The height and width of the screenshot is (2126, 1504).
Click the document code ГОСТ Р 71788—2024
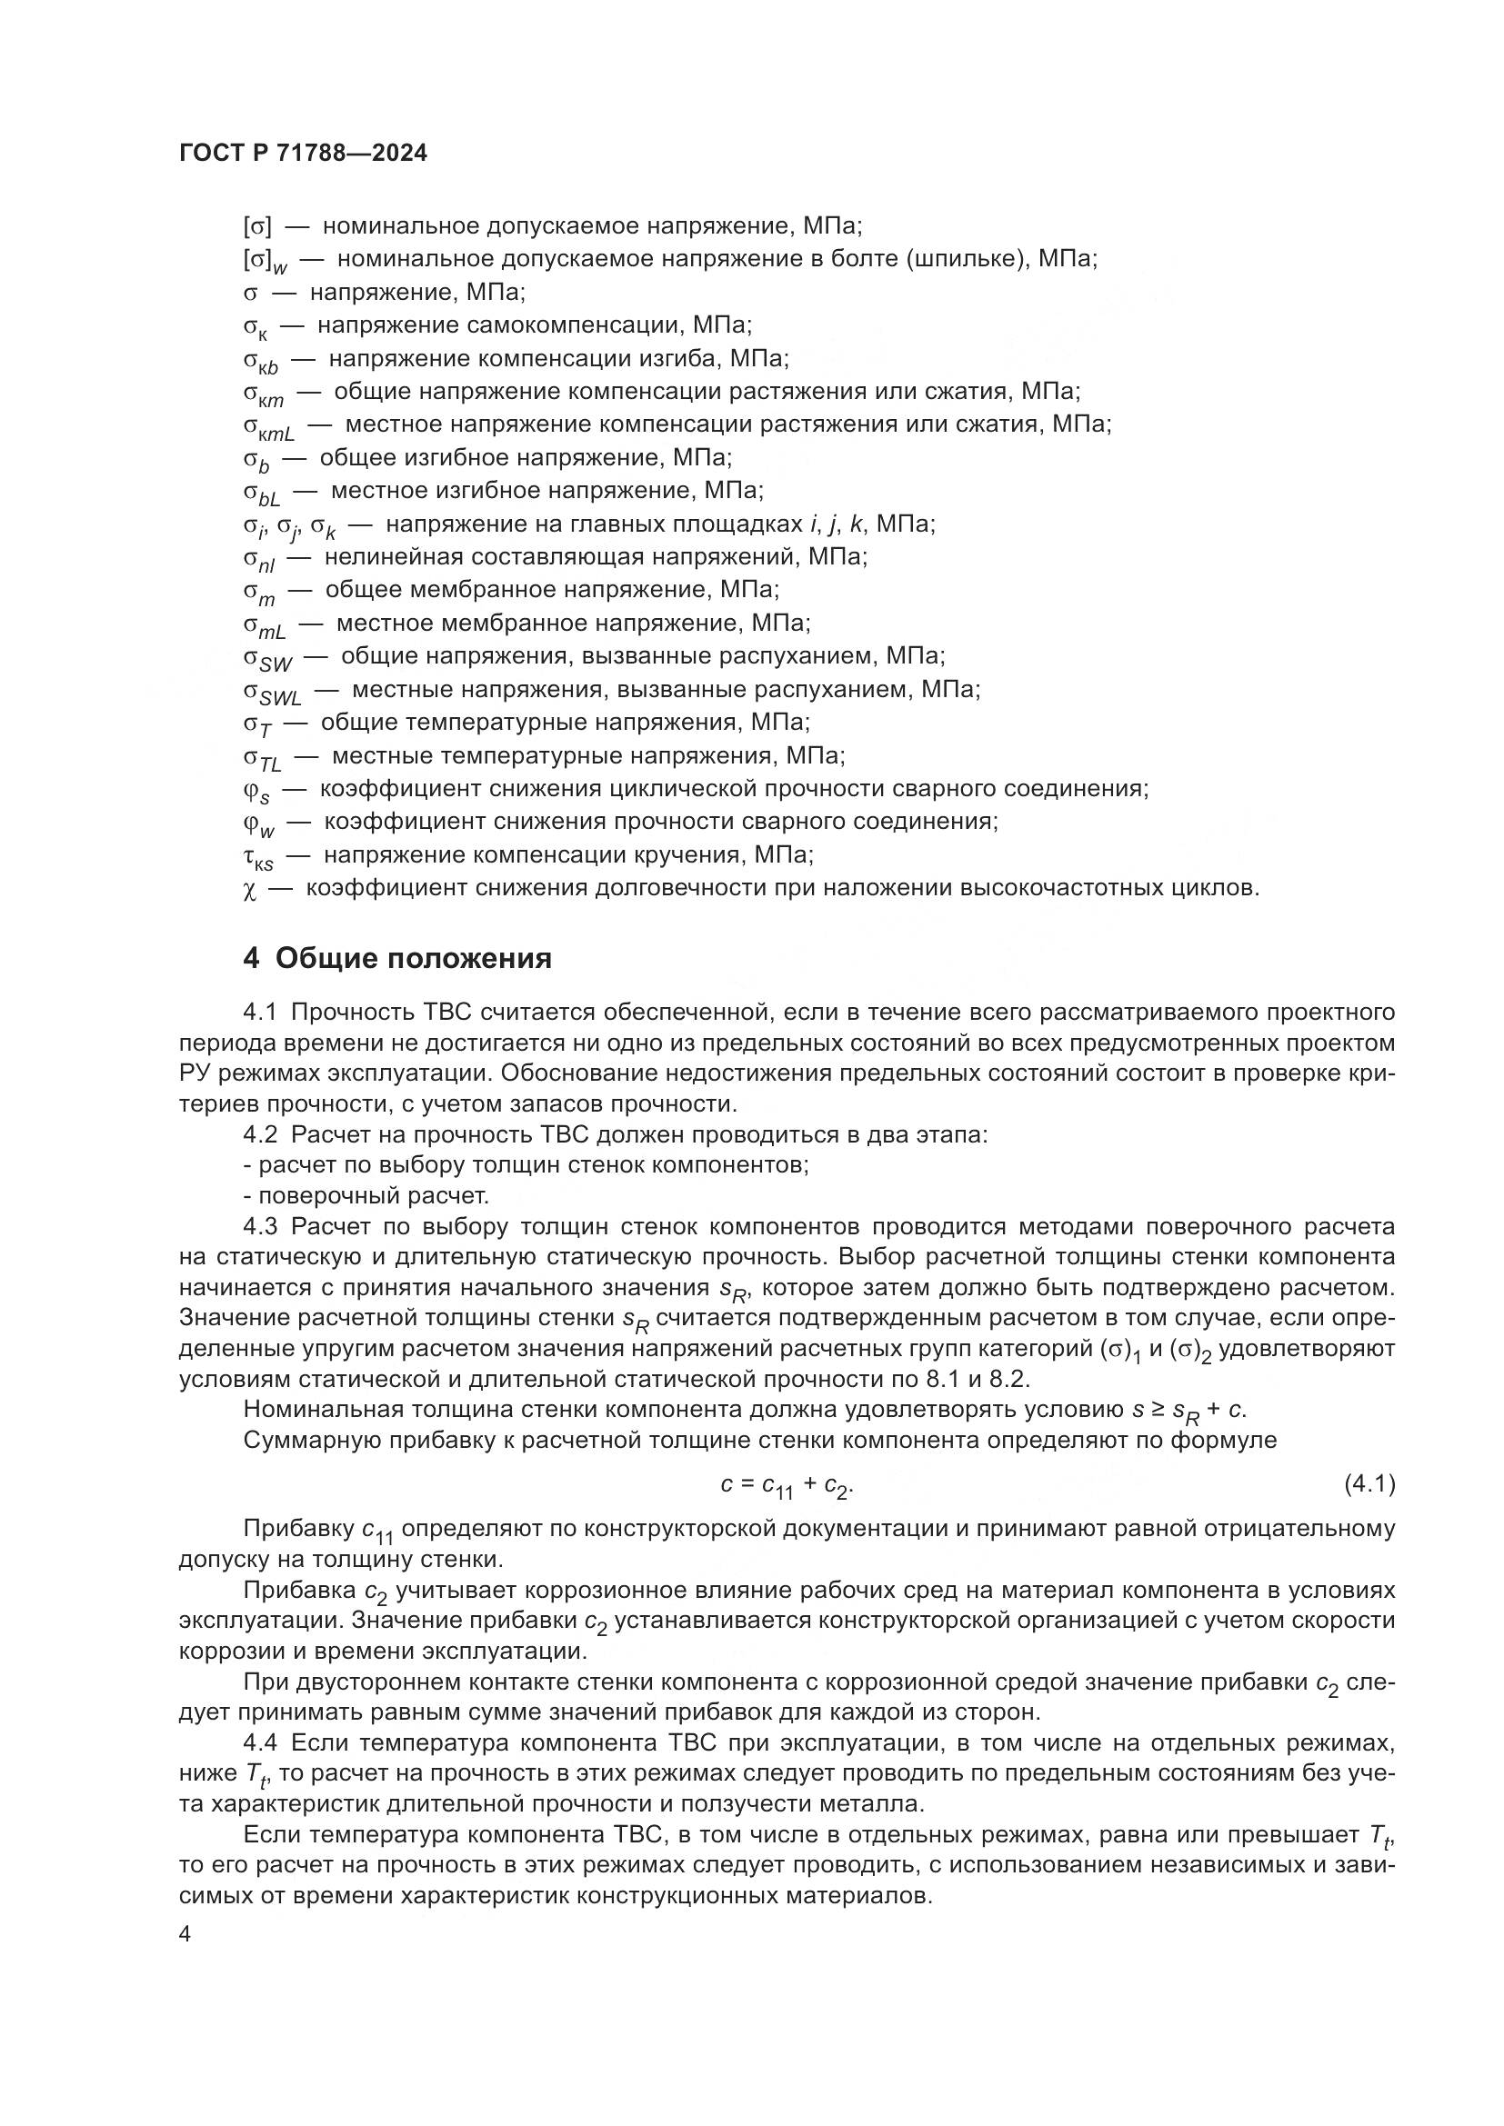[x=303, y=154]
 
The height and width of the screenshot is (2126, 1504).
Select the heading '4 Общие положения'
[x=397, y=958]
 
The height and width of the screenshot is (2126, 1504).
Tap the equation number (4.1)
[x=1369, y=1484]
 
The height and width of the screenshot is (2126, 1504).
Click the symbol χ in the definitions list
[x=249, y=890]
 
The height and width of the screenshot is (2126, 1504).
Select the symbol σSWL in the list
[x=272, y=693]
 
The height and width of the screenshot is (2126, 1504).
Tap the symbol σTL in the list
[x=262, y=758]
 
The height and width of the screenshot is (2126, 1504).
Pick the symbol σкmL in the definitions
[x=268, y=427]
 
